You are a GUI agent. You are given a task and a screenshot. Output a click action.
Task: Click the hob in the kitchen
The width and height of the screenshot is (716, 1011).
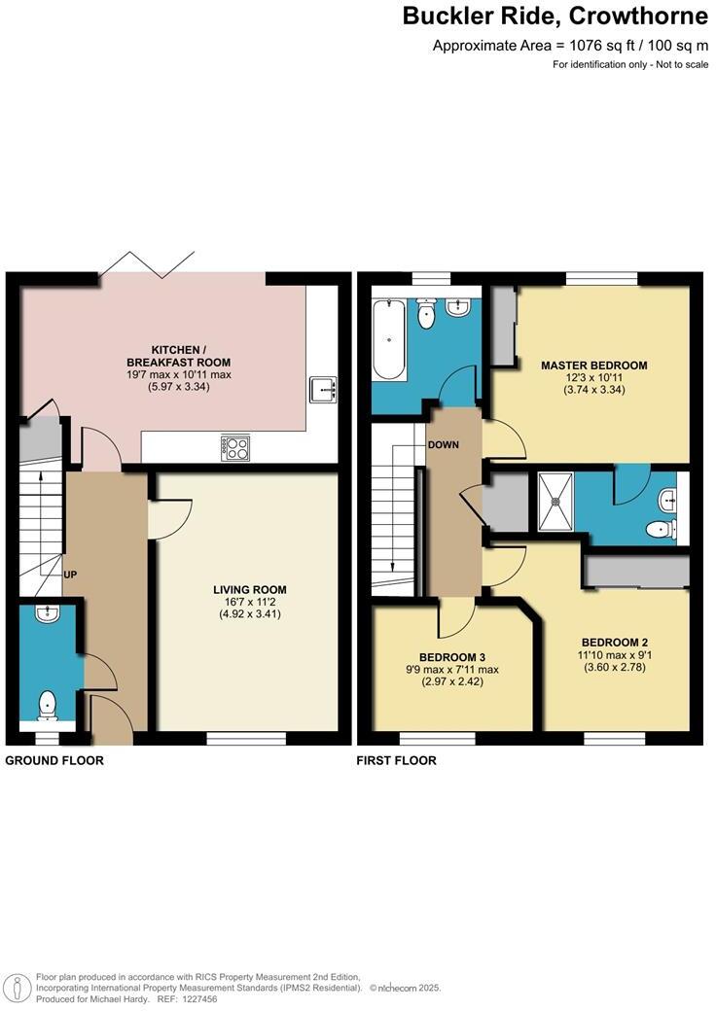pos(236,447)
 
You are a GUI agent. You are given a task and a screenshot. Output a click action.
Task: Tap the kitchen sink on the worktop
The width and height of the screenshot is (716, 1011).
pos(322,390)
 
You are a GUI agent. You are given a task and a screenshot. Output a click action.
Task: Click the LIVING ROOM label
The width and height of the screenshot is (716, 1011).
pos(250,589)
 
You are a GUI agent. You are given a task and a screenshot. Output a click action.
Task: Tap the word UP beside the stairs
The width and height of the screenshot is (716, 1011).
pos(70,575)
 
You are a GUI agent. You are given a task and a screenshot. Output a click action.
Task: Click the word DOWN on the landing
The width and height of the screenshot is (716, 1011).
pos(442,444)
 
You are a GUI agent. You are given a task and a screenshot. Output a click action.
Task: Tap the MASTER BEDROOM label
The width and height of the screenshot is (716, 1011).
pos(593,366)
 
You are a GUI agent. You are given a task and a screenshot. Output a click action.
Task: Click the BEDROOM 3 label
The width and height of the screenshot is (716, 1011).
pos(447,655)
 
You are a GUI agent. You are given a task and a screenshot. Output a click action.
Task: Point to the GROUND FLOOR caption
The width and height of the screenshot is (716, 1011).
pos(54,760)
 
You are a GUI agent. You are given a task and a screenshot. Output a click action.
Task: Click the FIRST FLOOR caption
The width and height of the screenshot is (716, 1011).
pos(396,760)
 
